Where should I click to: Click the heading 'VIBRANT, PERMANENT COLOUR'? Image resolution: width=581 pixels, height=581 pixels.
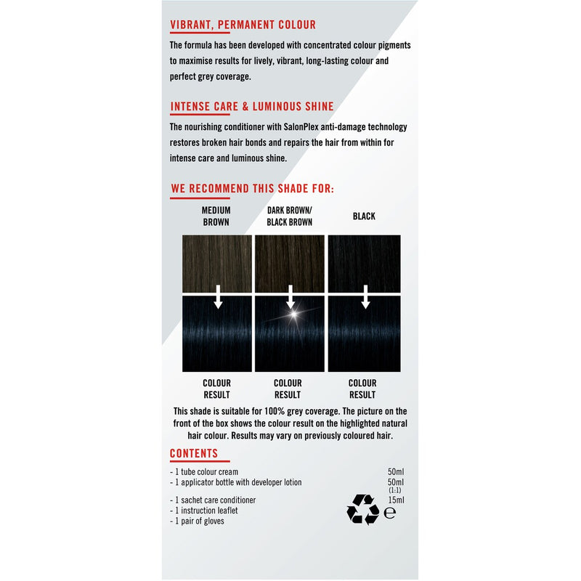click(x=243, y=25)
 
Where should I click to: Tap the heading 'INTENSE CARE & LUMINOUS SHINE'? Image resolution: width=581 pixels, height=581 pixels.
click(x=252, y=107)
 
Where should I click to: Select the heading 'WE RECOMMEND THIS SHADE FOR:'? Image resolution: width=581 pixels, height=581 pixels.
click(x=252, y=189)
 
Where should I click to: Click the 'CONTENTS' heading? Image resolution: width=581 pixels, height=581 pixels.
click(x=194, y=454)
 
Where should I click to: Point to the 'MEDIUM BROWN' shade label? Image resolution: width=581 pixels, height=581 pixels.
click(x=216, y=216)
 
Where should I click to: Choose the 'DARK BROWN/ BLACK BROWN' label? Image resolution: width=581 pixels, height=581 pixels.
click(x=289, y=216)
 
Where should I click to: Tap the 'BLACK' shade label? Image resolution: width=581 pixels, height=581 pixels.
click(x=364, y=216)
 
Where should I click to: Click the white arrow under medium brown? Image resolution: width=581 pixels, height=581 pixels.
click(x=216, y=296)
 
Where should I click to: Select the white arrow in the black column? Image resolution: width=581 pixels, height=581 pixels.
click(x=365, y=296)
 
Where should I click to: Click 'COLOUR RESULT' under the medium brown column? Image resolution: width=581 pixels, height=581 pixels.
click(x=216, y=389)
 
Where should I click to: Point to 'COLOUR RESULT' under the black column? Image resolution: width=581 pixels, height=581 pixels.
click(x=362, y=389)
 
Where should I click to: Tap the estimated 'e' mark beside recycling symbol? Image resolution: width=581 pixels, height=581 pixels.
click(x=389, y=513)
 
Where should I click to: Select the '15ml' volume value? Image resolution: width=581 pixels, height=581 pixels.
click(x=397, y=500)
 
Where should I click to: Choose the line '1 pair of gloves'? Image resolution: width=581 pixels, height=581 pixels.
click(x=198, y=521)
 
